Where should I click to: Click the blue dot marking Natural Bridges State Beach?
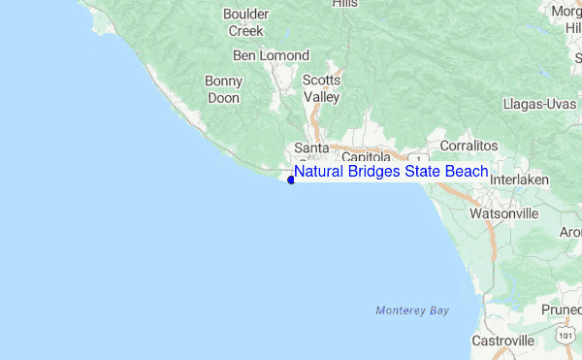291,180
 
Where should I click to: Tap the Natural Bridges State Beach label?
391,172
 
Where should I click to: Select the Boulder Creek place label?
246,22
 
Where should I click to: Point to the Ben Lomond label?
271,55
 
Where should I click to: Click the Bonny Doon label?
223,89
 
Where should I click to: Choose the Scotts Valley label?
321,88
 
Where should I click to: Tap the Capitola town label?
365,156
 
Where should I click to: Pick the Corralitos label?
469,145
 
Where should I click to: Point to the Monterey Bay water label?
412,311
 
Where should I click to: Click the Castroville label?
502,341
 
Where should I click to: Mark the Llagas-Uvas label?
540,104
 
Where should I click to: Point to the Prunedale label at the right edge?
562,311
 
